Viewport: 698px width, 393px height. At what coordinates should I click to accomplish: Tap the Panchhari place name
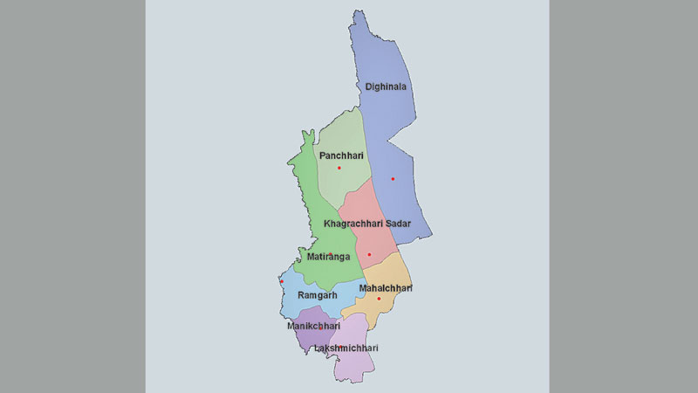(x=341, y=155)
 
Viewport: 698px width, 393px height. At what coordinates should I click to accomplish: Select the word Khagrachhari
(x=352, y=224)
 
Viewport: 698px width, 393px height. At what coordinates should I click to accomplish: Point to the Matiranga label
(x=329, y=257)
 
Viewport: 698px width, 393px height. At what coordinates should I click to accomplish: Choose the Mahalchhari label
(x=384, y=287)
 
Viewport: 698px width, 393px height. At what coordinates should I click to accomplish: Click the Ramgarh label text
(x=318, y=295)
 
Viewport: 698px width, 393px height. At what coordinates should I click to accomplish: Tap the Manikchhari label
(x=313, y=326)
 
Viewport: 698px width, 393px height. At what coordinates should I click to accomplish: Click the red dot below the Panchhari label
(x=339, y=168)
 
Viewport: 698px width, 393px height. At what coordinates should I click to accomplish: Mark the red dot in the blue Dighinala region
(x=393, y=179)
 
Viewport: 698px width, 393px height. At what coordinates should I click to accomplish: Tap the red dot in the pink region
(x=369, y=254)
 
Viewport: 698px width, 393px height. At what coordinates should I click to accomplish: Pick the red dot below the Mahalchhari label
(x=379, y=299)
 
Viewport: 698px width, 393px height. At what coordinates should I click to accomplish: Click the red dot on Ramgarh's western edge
(x=282, y=281)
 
